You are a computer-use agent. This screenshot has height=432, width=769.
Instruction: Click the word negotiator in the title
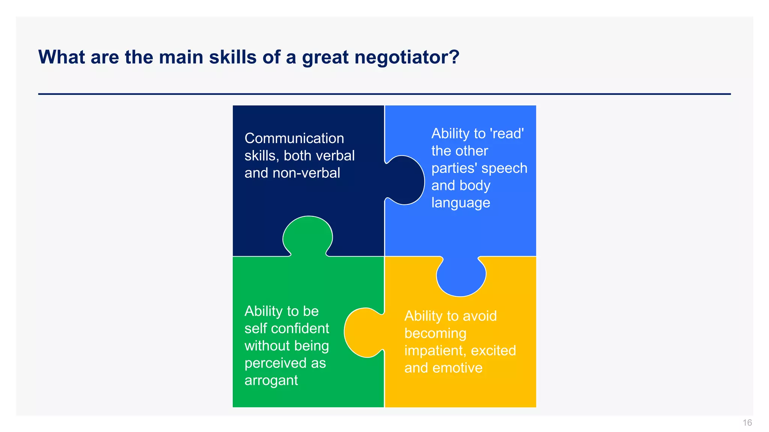(407, 57)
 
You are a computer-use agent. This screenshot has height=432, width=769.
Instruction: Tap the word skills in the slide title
(233, 57)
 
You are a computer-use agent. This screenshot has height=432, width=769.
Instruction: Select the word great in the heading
(325, 57)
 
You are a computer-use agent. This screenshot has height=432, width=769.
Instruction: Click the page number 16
(747, 423)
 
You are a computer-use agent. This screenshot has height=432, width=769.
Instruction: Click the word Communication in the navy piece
(294, 138)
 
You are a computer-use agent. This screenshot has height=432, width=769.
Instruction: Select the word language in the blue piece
(461, 203)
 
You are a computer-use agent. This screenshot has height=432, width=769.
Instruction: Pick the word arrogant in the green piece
(271, 381)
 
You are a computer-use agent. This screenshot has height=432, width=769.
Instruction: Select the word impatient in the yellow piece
(435, 351)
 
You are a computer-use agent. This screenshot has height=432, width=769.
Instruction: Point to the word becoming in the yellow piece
(435, 333)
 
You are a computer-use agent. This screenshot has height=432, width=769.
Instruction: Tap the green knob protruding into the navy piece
(308, 235)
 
